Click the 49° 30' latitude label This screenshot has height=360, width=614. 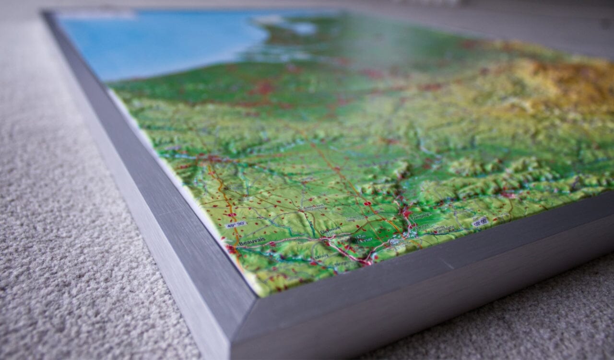tap(235, 224)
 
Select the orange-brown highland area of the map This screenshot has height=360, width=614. tap(566, 81)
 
